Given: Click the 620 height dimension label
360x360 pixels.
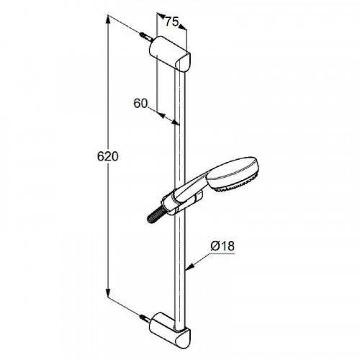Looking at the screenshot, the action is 108,156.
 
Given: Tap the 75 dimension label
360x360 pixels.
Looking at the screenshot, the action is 172,22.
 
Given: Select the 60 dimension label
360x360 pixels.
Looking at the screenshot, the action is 140,104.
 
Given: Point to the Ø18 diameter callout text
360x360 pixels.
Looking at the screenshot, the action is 222,246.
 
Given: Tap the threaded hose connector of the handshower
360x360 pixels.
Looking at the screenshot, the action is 156,215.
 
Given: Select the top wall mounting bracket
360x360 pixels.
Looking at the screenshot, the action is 170,53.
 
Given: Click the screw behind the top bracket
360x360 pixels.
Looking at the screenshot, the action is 145,37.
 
